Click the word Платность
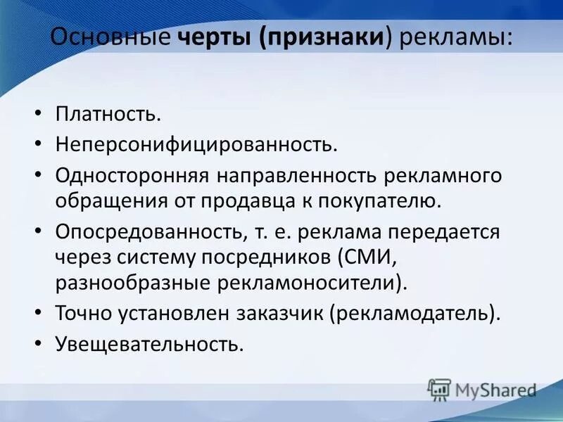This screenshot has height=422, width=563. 113,113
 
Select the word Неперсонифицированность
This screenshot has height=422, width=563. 197,144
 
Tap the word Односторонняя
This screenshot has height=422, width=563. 132,175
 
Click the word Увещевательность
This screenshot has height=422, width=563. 149,344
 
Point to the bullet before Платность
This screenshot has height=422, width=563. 39,114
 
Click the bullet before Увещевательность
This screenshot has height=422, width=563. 39,345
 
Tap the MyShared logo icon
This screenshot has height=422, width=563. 439,389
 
